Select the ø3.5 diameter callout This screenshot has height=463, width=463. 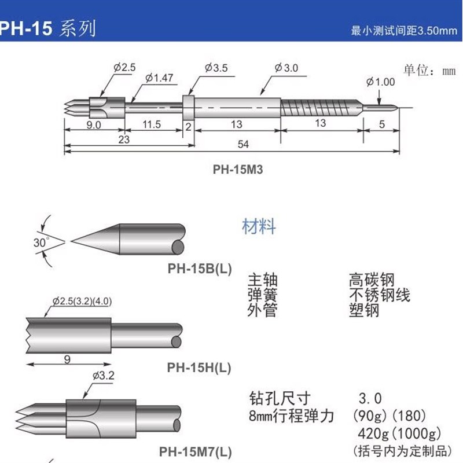tap(216, 68)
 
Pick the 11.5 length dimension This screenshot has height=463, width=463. tap(153, 124)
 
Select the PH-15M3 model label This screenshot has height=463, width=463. tap(234, 170)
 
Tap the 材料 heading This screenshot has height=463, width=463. tap(259, 226)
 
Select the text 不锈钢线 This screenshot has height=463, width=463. tap(379, 296)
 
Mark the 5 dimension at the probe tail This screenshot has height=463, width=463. tap(382, 123)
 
